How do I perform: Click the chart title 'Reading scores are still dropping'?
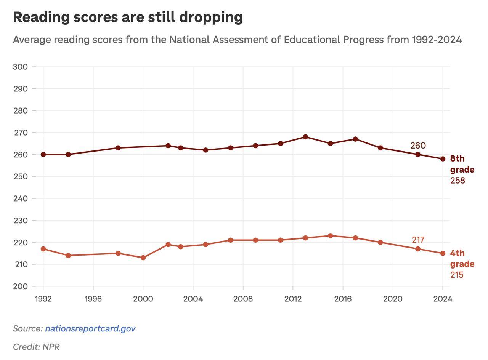[x=128, y=17]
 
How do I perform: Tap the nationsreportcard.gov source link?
[x=90, y=328]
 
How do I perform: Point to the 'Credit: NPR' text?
[x=36, y=347]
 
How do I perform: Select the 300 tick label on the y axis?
[x=20, y=67]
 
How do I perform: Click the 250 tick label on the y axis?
[x=20, y=176]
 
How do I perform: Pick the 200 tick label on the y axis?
[x=20, y=286]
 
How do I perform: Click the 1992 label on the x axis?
[x=43, y=299]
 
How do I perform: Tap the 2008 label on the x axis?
[x=243, y=299]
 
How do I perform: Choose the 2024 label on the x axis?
[x=443, y=299]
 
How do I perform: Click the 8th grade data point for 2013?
[x=305, y=137]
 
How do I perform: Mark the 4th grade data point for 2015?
[x=331, y=236]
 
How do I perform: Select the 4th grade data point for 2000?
[x=143, y=258]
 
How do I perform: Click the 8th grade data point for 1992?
[x=43, y=154]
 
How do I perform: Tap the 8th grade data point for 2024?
[x=443, y=159]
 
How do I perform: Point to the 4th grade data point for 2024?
[x=443, y=253]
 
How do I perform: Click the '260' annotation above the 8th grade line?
[x=418, y=146]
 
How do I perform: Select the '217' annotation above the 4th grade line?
[x=418, y=240]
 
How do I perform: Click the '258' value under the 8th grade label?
[x=457, y=181]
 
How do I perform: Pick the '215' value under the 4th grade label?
[x=457, y=275]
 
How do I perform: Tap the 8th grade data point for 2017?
[x=355, y=139]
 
